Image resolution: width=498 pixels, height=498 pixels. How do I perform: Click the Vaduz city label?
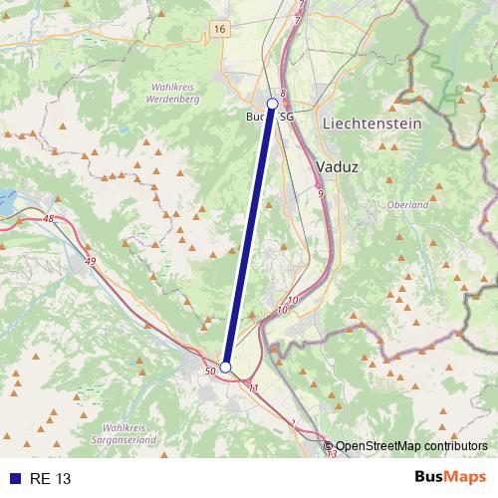(x=337, y=167)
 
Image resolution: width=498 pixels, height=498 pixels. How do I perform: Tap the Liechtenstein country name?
(x=372, y=124)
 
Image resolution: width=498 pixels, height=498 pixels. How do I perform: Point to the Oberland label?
(x=406, y=205)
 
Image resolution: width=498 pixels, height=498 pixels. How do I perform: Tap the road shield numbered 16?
(x=218, y=30)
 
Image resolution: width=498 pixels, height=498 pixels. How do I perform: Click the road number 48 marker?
(x=50, y=218)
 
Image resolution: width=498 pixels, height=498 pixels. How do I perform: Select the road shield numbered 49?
(x=92, y=261)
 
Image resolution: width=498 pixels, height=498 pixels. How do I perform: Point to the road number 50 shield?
(x=209, y=372)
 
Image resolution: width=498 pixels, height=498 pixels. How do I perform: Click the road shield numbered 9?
(x=320, y=193)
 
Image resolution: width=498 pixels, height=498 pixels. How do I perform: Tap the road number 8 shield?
(x=283, y=94)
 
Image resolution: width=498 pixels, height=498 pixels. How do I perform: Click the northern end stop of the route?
(x=273, y=103)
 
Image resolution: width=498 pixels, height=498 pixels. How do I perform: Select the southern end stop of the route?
(x=225, y=368)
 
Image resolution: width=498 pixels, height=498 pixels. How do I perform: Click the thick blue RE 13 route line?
(x=249, y=235)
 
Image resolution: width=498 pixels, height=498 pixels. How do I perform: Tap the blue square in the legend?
(x=15, y=478)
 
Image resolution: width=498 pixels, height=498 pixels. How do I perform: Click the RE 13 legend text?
(x=50, y=478)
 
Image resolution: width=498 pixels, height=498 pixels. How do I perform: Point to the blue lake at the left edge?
(x=7, y=200)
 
